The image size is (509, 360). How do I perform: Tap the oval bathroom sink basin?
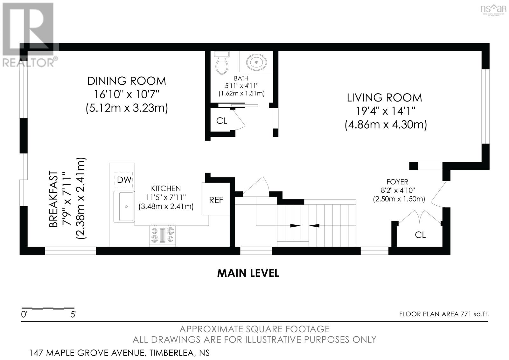click(x=256, y=62)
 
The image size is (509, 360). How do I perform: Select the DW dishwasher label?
click(x=124, y=180)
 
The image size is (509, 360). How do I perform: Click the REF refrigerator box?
click(x=216, y=199)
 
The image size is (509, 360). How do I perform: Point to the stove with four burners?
click(x=163, y=235)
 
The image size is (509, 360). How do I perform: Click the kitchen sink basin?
click(x=126, y=207)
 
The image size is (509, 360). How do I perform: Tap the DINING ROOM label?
click(x=127, y=81)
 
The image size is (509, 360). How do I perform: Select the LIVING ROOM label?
click(x=384, y=98)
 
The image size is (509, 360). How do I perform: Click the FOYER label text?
click(x=397, y=182)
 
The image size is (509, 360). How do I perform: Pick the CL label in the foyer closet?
click(x=420, y=235)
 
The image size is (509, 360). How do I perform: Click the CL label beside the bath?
click(x=221, y=121)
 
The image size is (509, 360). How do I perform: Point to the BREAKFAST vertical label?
click(x=54, y=199)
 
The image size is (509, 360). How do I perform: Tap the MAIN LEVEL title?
click(x=248, y=273)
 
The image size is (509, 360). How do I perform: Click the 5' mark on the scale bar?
click(x=73, y=314)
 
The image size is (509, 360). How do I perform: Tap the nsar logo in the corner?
click(x=493, y=9)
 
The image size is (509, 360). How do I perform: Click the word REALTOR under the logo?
click(x=28, y=62)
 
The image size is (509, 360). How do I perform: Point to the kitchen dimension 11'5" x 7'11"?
click(x=166, y=197)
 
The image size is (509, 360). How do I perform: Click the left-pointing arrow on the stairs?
click(x=314, y=226)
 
